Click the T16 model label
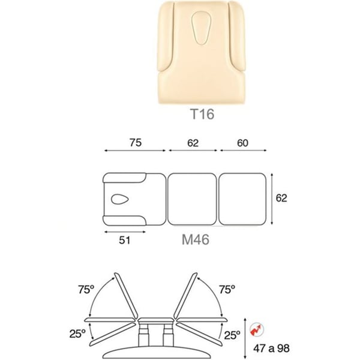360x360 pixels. (x=203, y=114)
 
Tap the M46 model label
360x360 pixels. (x=196, y=239)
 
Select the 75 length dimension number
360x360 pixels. (x=136, y=143)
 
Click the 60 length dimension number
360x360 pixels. (x=242, y=143)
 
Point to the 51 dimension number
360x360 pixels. (x=125, y=240)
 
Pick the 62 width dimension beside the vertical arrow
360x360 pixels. (x=281, y=198)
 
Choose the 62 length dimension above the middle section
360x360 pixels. (x=193, y=143)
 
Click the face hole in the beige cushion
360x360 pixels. (x=201, y=28)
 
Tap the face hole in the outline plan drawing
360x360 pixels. (x=119, y=199)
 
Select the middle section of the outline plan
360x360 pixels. (x=192, y=199)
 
